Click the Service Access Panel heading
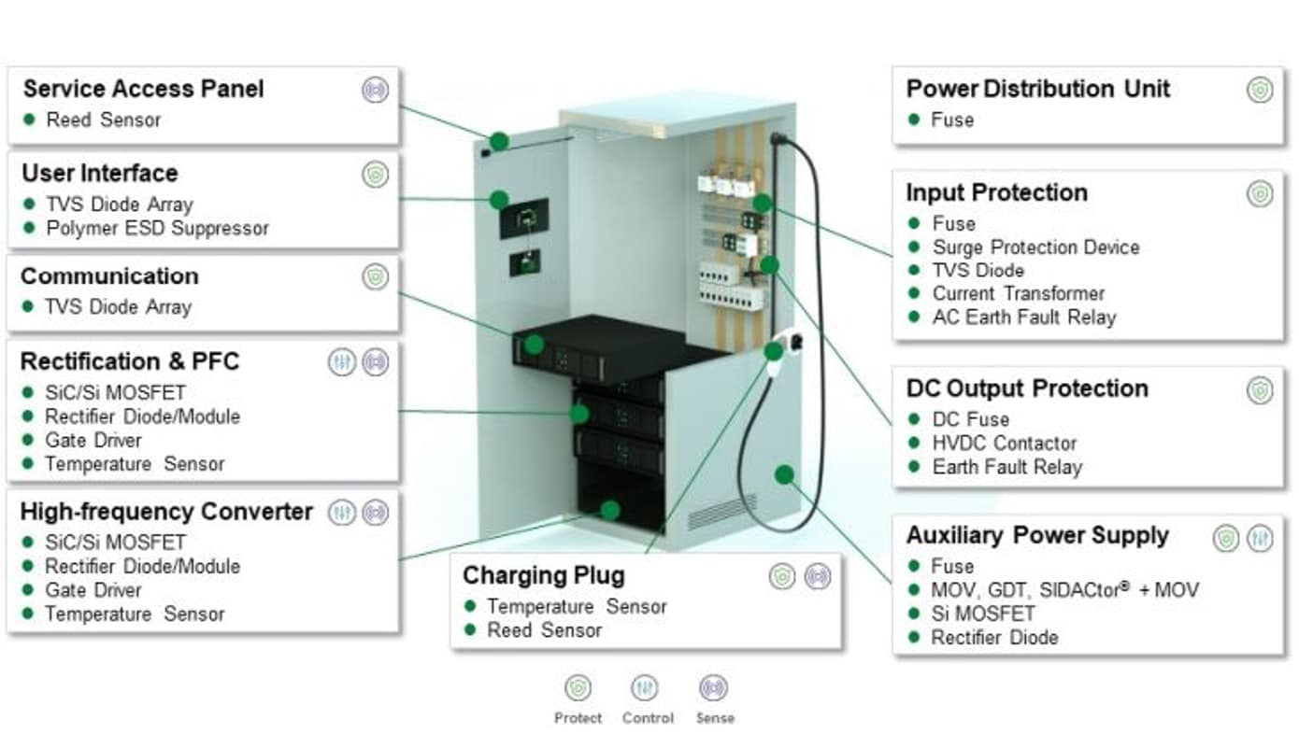point(143,89)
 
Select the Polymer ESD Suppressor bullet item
point(157,228)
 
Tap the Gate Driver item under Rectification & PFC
point(93,440)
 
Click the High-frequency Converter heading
point(166,512)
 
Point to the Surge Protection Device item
point(1035,247)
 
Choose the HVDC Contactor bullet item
point(1004,444)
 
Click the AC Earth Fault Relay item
point(1023,318)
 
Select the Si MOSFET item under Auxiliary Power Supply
point(983,614)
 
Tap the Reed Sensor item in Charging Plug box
point(544,630)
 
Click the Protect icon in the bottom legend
point(578,688)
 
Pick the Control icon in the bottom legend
point(644,688)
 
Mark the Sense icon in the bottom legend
point(713,688)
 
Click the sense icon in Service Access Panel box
point(375,91)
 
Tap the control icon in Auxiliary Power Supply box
point(1259,538)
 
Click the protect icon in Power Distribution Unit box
point(1260,91)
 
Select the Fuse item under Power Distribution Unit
point(952,120)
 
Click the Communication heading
point(109,276)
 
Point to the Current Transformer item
point(1018,293)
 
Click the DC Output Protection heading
point(1027,388)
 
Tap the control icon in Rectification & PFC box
point(342,362)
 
